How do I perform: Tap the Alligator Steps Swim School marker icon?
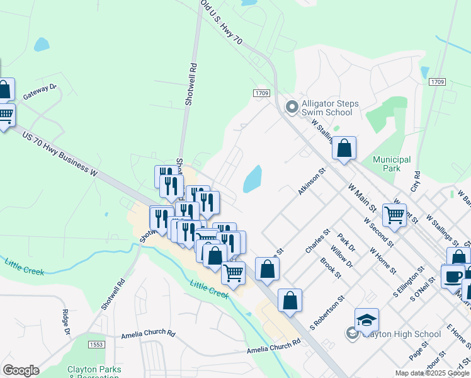[x=291, y=108]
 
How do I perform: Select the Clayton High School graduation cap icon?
[x=366, y=320]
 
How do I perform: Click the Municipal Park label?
[x=392, y=164]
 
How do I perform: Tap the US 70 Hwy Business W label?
[x=60, y=154]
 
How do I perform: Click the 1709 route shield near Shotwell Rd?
[x=262, y=93]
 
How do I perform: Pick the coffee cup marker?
[x=452, y=275]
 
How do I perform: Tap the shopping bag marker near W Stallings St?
[x=344, y=149]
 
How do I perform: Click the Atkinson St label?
[x=311, y=181]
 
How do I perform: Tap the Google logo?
[x=21, y=370]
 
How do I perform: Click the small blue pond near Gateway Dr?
[x=42, y=44]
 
